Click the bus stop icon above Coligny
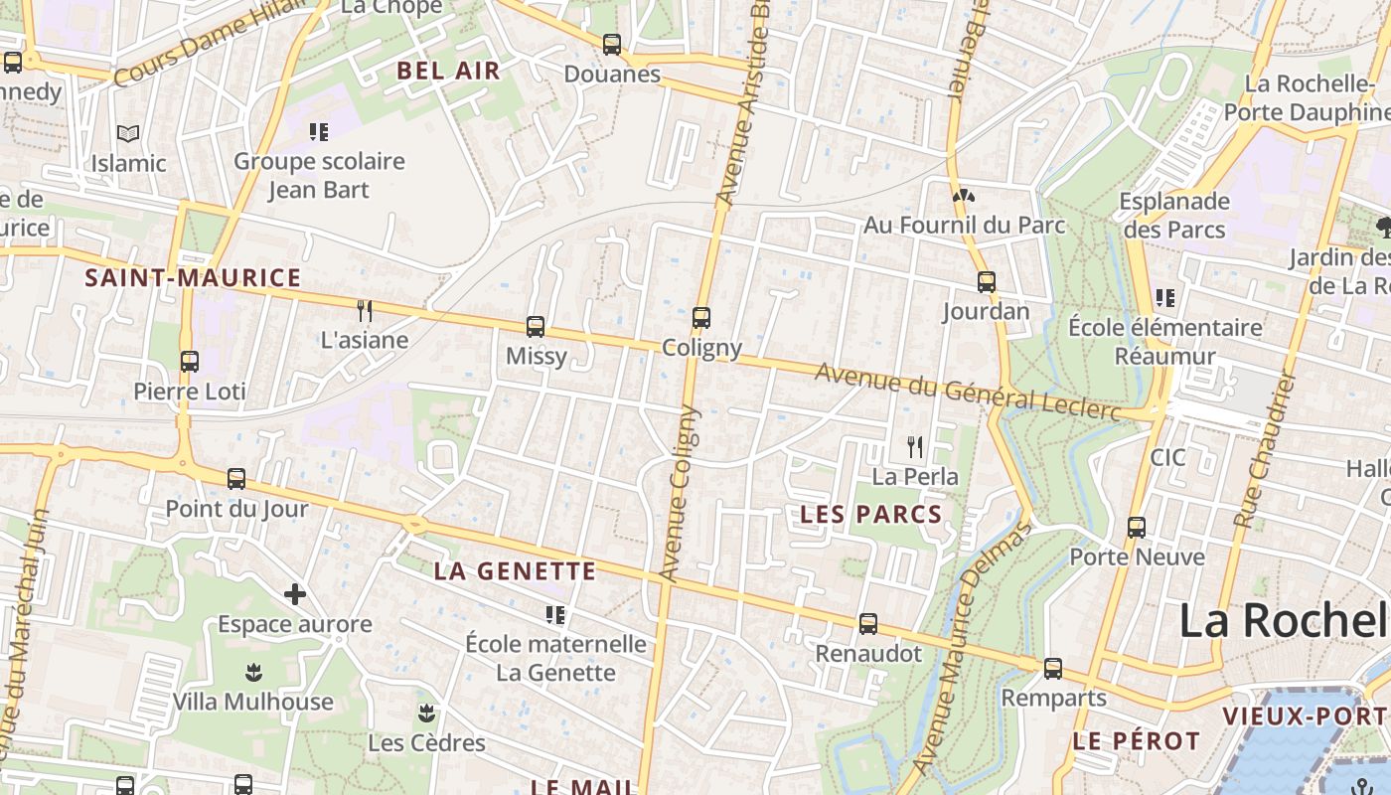coord(701,318)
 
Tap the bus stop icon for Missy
coord(536,326)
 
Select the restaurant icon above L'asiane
coord(365,311)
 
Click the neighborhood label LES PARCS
coord(870,514)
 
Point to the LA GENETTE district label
coord(515,571)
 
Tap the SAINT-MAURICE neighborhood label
coord(193,278)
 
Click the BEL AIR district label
coord(449,71)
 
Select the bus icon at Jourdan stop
coord(986,282)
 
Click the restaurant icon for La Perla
coord(915,447)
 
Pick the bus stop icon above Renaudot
coord(868,624)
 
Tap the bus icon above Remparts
coord(1053,669)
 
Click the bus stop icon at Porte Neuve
coord(1137,528)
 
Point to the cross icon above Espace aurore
coord(295,595)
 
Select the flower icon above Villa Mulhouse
coord(253,673)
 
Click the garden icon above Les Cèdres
coord(426,714)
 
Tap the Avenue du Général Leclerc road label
coord(968,392)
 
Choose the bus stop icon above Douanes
coord(612,45)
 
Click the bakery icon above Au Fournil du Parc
coord(963,196)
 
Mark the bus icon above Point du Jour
coord(236,479)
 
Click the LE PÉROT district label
coord(1137,741)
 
